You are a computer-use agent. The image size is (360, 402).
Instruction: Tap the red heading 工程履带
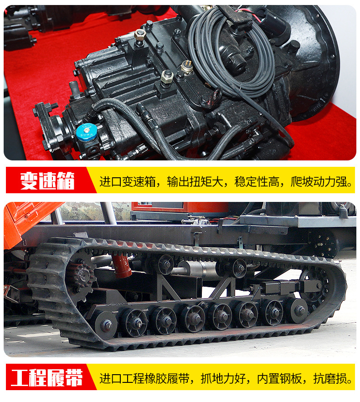pyautogui.click(x=47, y=378)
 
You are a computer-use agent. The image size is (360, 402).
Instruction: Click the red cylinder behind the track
pyautogui.click(x=122, y=266)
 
